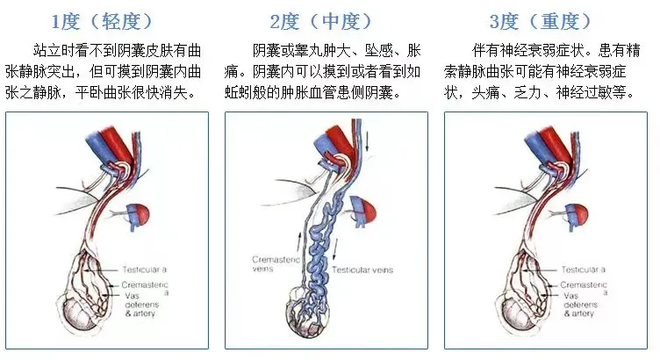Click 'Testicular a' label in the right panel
tap(586, 269)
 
